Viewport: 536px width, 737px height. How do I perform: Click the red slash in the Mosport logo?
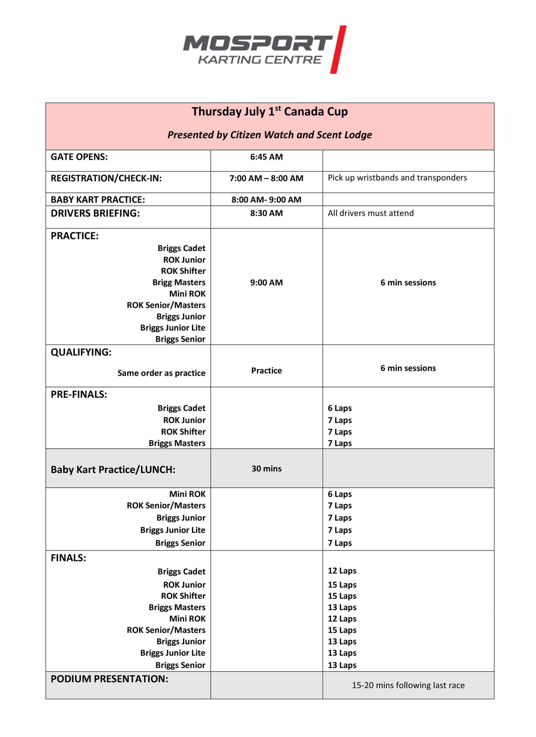click(338, 50)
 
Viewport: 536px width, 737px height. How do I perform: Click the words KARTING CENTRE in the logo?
click(260, 60)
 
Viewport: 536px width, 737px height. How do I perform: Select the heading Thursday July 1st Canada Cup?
click(270, 111)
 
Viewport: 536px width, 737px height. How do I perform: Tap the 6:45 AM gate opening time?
click(266, 157)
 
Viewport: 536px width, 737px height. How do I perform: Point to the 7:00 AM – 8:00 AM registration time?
click(266, 178)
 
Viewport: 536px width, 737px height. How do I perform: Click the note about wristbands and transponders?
click(397, 178)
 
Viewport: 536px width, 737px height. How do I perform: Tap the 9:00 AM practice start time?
click(266, 282)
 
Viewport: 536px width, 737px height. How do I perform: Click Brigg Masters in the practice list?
click(179, 282)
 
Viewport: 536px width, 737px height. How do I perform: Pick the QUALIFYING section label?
click(81, 352)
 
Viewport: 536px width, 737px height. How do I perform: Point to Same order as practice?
click(161, 373)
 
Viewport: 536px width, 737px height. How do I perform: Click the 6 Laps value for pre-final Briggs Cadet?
click(339, 408)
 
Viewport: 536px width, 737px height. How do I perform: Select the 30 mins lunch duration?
click(266, 469)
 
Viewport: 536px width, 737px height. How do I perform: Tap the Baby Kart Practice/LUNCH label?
click(113, 470)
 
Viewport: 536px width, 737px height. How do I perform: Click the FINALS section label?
click(68, 558)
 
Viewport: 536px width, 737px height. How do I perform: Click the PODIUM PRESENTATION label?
click(109, 679)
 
